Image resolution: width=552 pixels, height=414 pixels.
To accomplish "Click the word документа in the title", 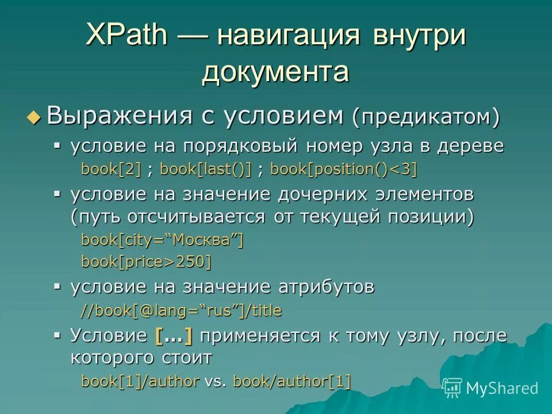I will [x=275, y=73].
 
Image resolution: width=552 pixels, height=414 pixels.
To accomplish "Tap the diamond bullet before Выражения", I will [x=34, y=117].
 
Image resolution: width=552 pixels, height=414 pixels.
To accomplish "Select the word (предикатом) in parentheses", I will [x=426, y=117].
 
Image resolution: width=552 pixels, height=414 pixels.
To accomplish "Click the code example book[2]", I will [x=111, y=169].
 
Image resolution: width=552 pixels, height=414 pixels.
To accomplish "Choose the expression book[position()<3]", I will [x=343, y=169].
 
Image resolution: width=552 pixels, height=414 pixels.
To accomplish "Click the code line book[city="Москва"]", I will [x=162, y=240].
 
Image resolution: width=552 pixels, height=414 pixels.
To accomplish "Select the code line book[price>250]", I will [x=146, y=262].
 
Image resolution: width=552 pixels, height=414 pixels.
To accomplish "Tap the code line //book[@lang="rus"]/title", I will [x=181, y=311].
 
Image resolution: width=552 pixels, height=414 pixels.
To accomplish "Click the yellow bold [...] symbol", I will [x=174, y=336].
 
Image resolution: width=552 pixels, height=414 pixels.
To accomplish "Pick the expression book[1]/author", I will [x=140, y=381].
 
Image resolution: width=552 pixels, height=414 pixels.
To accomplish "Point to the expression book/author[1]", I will [x=292, y=381].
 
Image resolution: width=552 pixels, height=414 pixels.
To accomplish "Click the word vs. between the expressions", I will [x=216, y=381].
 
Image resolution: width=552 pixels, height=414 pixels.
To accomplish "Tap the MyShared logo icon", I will [x=453, y=388].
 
